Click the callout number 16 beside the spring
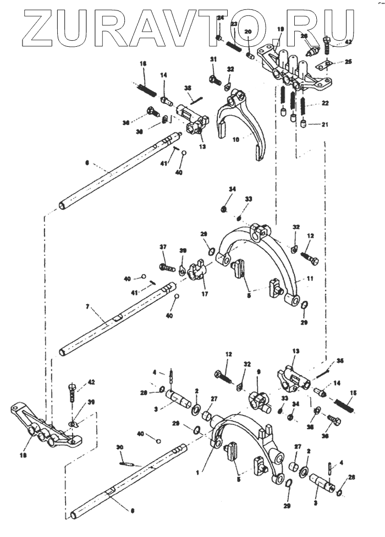[143, 64]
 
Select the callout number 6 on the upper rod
[86, 163]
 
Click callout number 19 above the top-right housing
[280, 29]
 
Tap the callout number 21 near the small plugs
[324, 125]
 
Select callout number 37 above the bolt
[163, 246]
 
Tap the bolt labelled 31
[213, 79]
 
